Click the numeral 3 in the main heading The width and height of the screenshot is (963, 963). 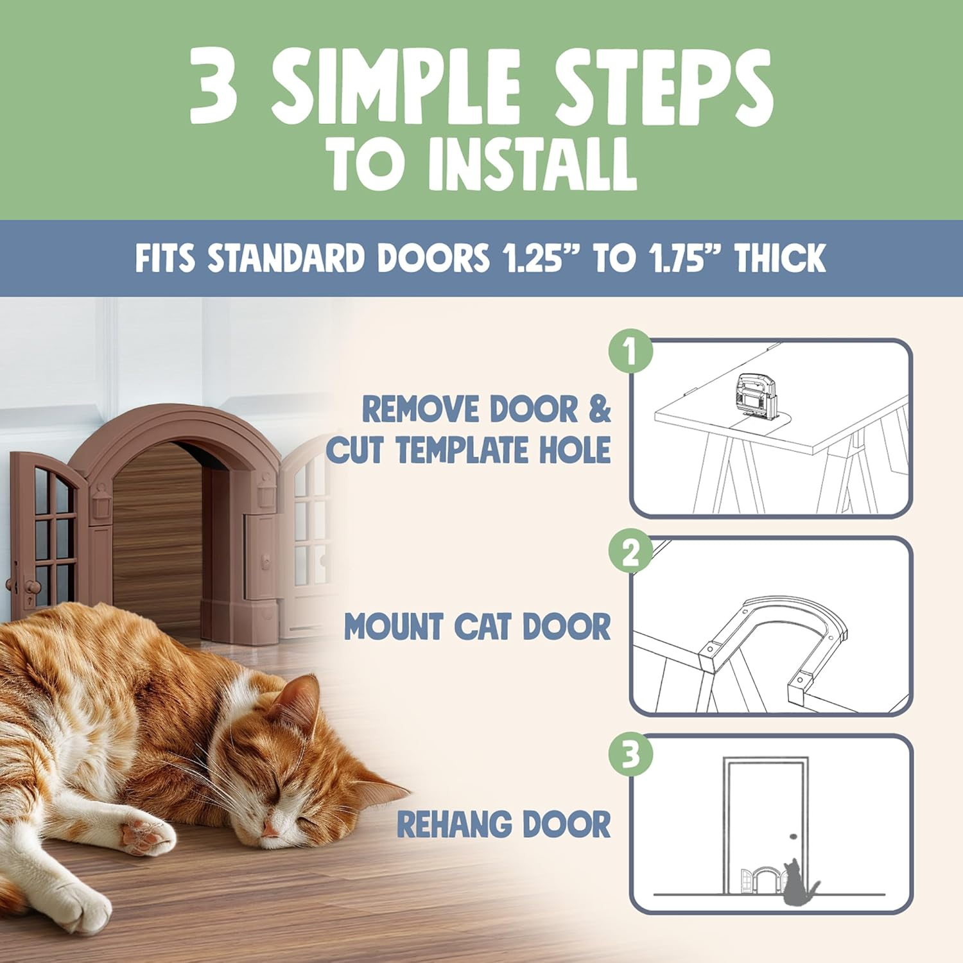[214, 87]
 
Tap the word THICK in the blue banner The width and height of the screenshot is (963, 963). [780, 258]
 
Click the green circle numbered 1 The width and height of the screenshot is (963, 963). [630, 352]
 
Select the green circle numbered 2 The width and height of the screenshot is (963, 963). [630, 551]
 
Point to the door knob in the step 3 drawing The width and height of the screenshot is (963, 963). [793, 837]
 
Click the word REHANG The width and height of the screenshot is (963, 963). [454, 824]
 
